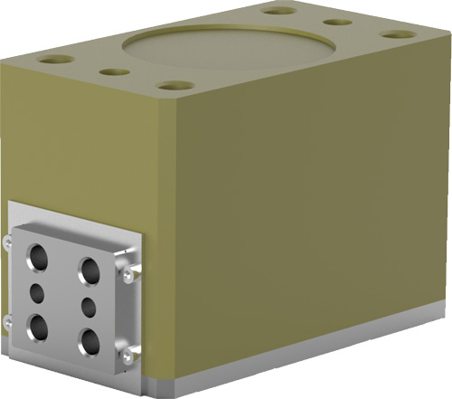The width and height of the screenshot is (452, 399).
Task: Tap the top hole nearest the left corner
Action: pos(57,60)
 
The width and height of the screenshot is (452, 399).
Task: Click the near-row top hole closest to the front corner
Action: pos(171,87)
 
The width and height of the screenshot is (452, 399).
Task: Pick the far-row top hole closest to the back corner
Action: pos(283,12)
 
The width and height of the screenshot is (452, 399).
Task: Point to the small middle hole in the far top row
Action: pos(337,23)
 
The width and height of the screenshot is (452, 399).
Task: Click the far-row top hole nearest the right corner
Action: pos(399,35)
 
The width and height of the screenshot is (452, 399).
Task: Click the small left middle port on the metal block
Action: pos(38,292)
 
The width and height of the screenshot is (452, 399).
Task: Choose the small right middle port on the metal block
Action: pos(89,306)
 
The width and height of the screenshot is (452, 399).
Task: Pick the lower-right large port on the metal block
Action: pos(89,342)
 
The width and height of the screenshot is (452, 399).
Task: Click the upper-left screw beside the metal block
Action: pos(9,239)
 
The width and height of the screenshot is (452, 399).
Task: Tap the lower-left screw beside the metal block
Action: pos(9,318)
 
